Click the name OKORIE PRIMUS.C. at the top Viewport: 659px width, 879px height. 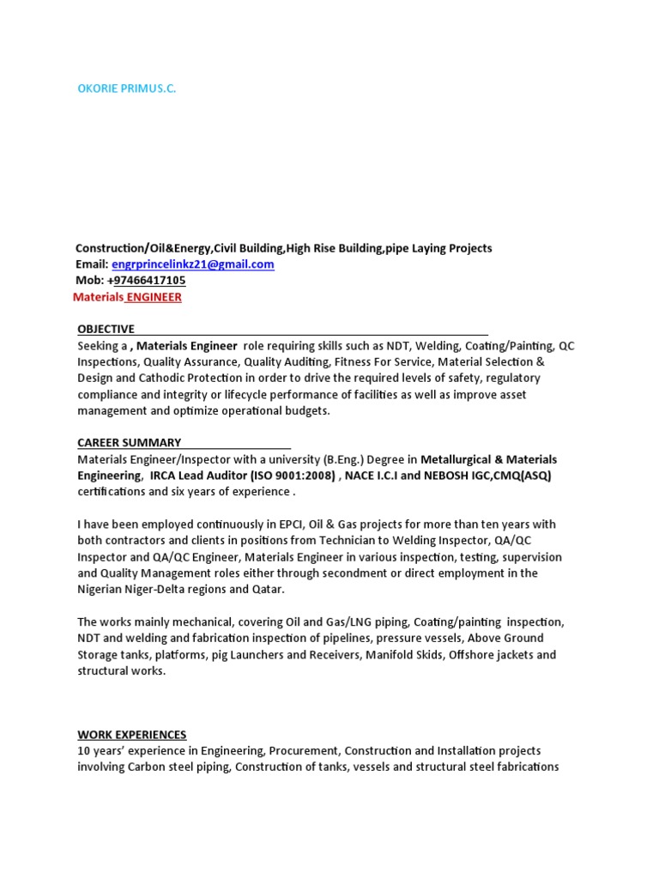pyautogui.click(x=126, y=88)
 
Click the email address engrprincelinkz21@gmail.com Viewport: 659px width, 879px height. pyautogui.click(x=193, y=264)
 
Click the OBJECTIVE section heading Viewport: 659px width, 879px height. pyautogui.click(x=106, y=329)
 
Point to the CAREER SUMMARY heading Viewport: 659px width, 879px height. pyautogui.click(x=129, y=443)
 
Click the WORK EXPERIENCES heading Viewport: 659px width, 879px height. pyautogui.click(x=131, y=735)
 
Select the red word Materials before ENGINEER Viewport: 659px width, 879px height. pyautogui.click(x=99, y=297)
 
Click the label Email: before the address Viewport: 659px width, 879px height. pyautogui.click(x=92, y=264)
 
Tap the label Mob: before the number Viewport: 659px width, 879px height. pyautogui.click(x=90, y=281)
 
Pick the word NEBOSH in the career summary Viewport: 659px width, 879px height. pyautogui.click(x=450, y=476)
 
